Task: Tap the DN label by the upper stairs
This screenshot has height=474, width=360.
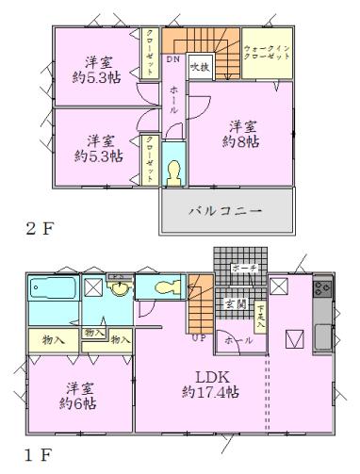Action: point(173,59)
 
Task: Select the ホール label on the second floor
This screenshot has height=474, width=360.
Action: point(174,101)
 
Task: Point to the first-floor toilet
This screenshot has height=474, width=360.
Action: point(161,286)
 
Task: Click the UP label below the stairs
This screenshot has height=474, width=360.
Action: point(197,336)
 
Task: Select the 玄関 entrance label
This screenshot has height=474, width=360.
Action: point(233,303)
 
